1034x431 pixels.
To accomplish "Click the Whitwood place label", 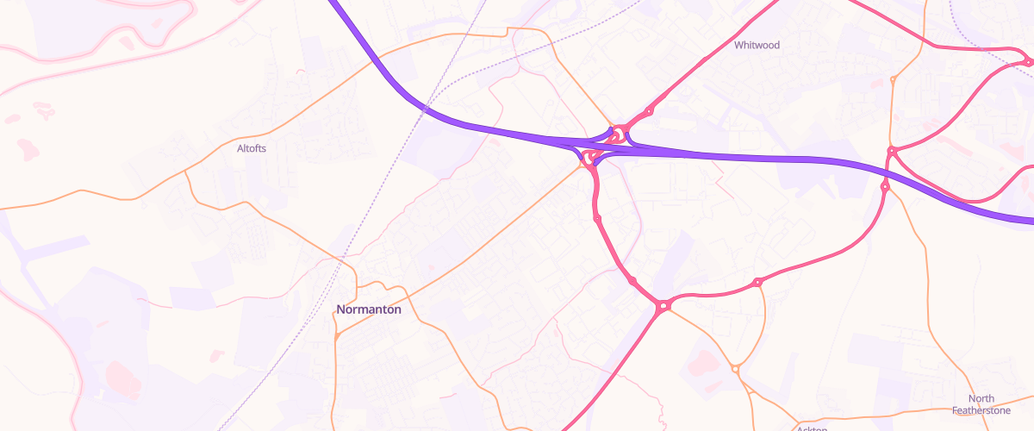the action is click(757, 45).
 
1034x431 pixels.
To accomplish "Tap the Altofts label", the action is click(252, 148).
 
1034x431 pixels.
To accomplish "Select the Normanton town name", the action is click(369, 309).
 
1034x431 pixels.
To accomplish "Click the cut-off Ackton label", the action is click(812, 428).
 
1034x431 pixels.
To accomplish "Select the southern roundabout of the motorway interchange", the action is click(589, 157).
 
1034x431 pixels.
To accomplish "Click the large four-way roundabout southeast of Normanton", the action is click(663, 305).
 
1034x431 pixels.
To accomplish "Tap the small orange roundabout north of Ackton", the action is click(735, 369).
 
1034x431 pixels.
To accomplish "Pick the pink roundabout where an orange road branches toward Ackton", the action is click(757, 282).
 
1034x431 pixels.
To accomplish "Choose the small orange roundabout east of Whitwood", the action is click(893, 79).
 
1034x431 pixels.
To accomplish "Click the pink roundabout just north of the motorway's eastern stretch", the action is click(892, 152).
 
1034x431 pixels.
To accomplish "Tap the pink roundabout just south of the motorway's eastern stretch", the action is click(885, 186).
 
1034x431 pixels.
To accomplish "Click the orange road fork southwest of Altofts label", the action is click(187, 172).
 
